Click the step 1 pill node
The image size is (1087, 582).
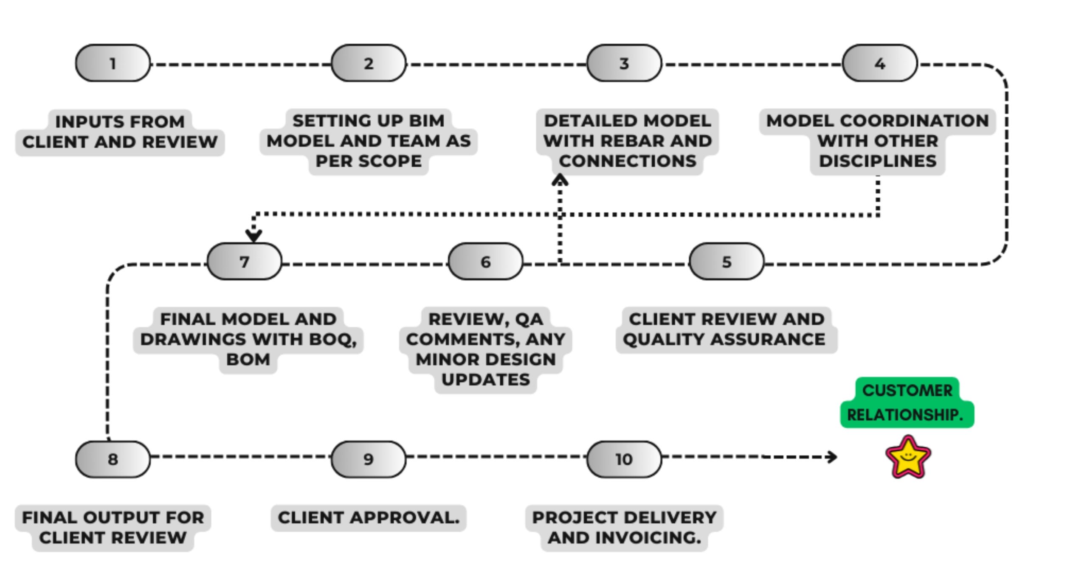coord(113,63)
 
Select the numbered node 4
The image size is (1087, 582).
coord(879,63)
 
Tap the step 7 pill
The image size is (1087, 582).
coord(244,261)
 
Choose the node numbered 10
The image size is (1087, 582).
coord(624,459)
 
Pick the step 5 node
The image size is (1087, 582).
coord(726,261)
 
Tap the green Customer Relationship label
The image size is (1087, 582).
coord(907,402)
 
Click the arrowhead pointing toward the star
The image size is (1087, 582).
coord(832,457)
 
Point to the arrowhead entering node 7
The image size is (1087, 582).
coord(253,235)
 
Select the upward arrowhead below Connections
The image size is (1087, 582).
coord(560,180)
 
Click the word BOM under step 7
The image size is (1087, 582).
coord(248,360)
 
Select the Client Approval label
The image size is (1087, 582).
coord(369,517)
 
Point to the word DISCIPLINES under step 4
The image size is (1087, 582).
coord(877,161)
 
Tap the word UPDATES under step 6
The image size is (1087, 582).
coord(485,380)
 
